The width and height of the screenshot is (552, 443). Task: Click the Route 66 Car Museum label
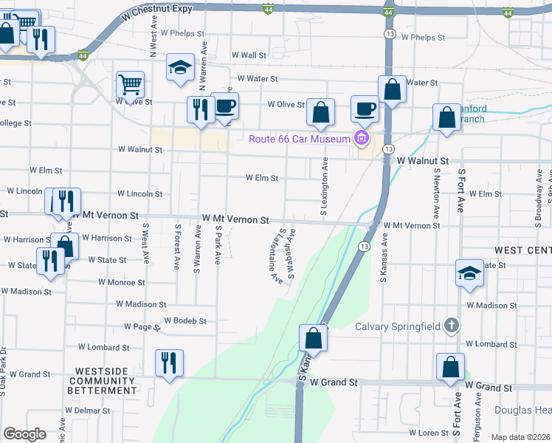coord(298,139)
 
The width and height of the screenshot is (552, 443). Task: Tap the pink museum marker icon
coord(361,138)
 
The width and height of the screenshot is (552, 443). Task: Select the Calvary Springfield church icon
coord(452,326)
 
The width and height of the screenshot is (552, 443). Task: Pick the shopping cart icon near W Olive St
coord(130,84)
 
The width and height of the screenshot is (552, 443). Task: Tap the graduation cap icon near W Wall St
coord(179,67)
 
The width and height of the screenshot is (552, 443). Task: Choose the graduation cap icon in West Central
coord(469,272)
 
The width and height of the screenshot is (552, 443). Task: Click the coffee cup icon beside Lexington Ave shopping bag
coord(365,109)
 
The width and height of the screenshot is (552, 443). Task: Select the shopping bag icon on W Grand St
coord(449,367)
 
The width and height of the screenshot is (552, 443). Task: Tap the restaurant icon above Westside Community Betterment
coord(169,363)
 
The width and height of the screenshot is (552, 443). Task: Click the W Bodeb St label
coord(184,320)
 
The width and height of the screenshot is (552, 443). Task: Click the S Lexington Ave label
coord(323,190)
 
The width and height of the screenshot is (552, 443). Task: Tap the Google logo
coord(24,434)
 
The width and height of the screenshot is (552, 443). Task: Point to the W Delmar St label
coord(87,411)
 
